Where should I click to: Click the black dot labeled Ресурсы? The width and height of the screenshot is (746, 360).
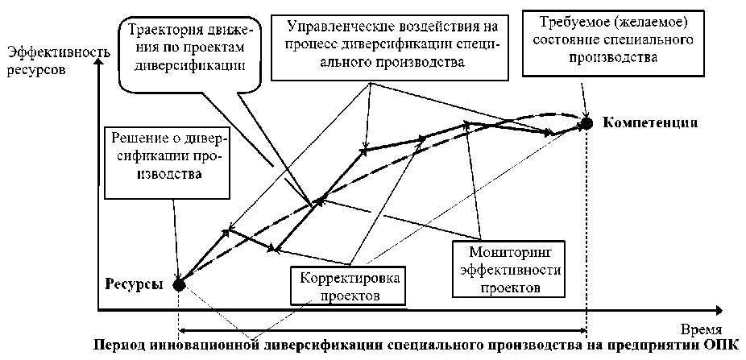tap(179, 283)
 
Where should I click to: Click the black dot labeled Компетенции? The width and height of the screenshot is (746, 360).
tap(587, 122)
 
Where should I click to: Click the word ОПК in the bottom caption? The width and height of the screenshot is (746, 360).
tap(723, 344)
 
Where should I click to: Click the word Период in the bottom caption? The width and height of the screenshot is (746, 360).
tap(122, 344)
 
